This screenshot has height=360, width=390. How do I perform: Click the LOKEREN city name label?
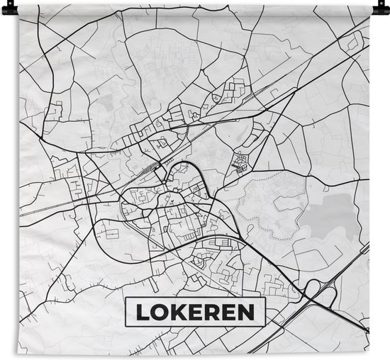click(195, 310)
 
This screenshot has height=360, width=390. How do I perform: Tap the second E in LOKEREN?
click(228, 310)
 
